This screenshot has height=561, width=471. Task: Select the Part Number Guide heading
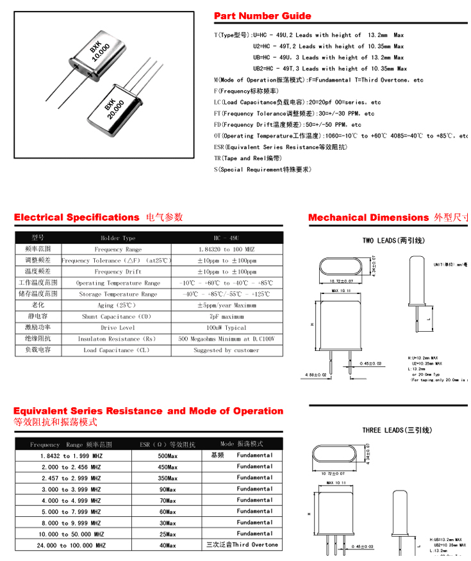coord(262,16)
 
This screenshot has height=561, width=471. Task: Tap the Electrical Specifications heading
coord(76,218)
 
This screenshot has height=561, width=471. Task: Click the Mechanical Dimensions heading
coord(369,218)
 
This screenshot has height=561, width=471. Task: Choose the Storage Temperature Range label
coord(117,294)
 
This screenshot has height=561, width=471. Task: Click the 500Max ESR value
coord(167,455)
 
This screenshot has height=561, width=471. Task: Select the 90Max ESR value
coord(167,489)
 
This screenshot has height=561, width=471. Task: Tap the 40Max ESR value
coord(167,545)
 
